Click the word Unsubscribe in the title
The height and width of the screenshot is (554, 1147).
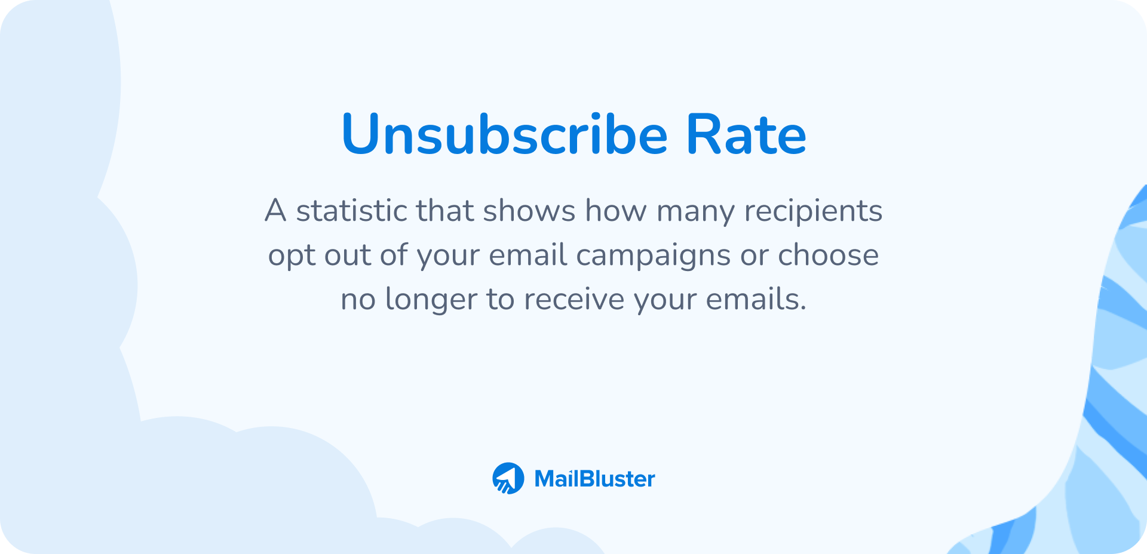coord(504,134)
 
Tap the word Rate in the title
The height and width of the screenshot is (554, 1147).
coord(746,134)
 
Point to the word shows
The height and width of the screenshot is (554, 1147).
coord(529,211)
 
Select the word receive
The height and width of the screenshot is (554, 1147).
coord(574,299)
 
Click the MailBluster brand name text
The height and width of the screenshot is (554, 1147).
coord(594,479)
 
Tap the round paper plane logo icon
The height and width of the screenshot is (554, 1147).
coord(508,478)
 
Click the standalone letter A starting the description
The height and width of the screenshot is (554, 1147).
coord(275,211)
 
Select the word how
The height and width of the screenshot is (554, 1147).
coord(615,211)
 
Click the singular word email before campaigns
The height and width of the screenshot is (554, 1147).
coord(528,255)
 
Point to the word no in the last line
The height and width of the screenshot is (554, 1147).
coord(358,299)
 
